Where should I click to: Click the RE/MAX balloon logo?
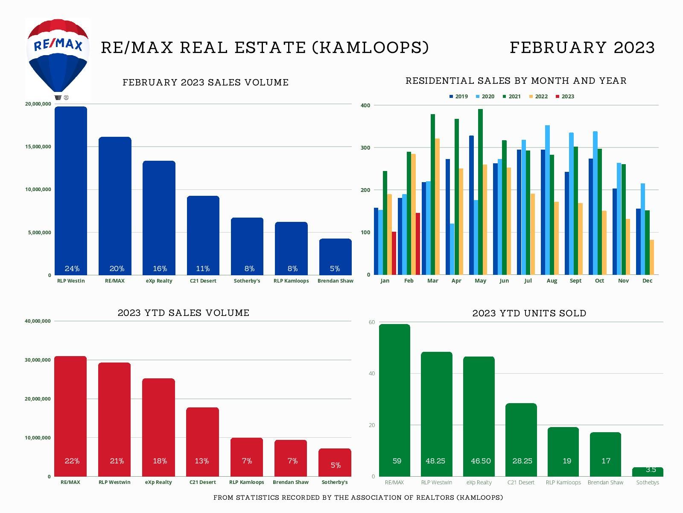[58, 56]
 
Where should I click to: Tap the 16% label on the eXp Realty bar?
[160, 268]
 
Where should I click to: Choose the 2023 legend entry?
[565, 97]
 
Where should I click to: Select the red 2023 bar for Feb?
[418, 244]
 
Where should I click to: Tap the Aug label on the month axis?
[552, 281]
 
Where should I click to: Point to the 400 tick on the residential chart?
[365, 105]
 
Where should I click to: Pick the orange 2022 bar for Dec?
[652, 257]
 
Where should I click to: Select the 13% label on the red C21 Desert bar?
[202, 461]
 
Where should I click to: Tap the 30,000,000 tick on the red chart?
[38, 360]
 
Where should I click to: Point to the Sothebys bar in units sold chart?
[648, 472]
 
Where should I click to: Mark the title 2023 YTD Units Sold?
[529, 313]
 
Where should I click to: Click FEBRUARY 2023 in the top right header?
[582, 47]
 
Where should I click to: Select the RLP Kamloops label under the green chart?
[563, 483]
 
